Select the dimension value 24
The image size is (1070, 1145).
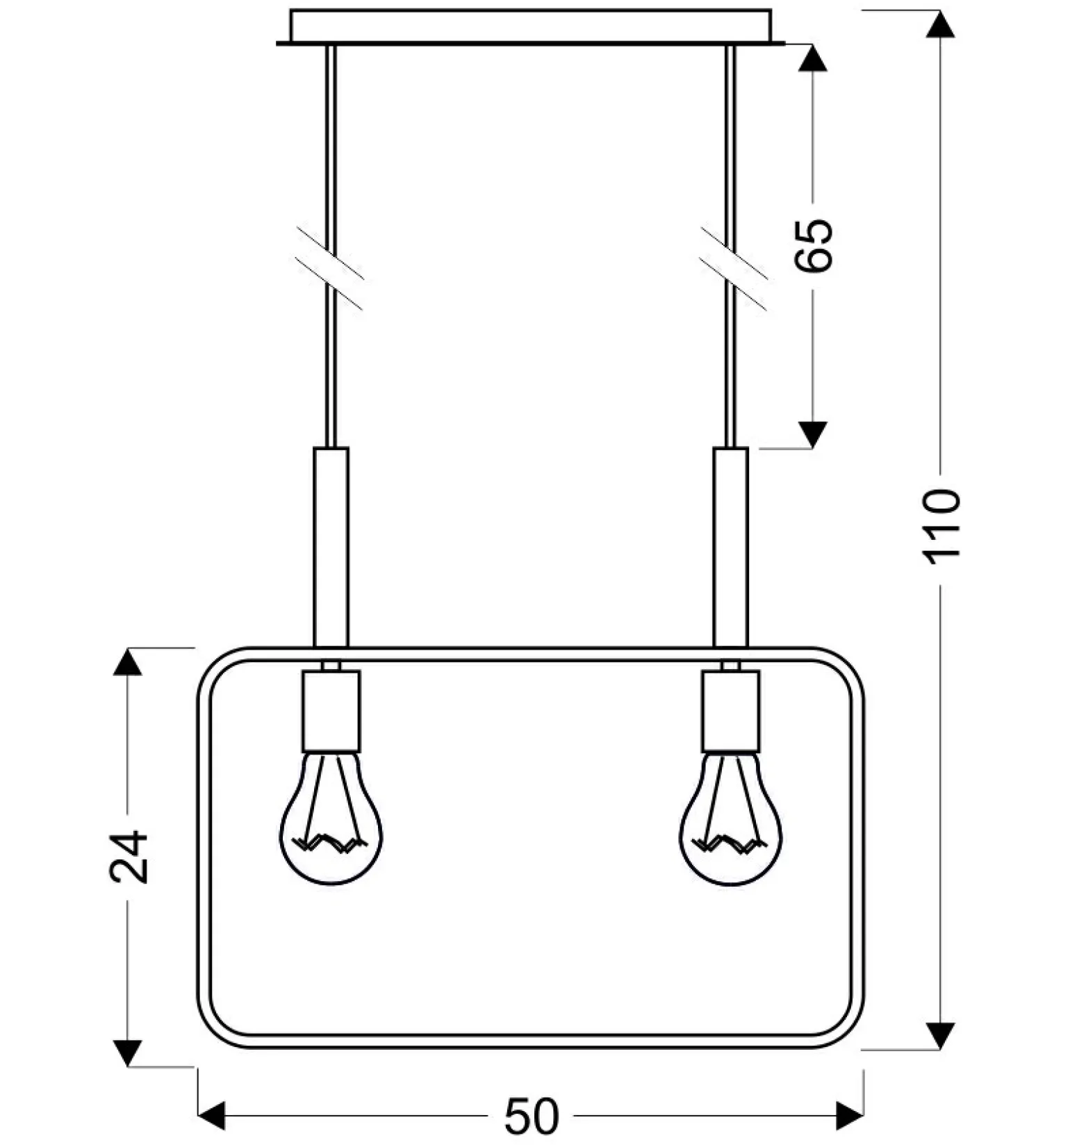(x=129, y=857)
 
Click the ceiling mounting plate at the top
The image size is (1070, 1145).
(x=531, y=27)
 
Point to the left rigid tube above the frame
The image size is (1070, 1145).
(x=331, y=547)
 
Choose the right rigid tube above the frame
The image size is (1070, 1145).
(x=731, y=547)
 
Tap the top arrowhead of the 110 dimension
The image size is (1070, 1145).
(x=942, y=24)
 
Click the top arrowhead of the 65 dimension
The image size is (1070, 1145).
(x=812, y=58)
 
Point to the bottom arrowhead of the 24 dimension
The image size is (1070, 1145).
(x=127, y=1052)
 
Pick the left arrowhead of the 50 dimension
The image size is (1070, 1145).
(x=212, y=1117)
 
